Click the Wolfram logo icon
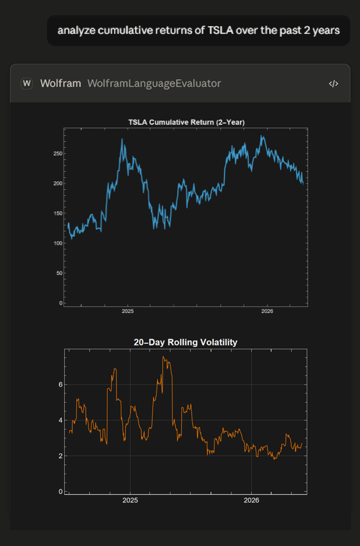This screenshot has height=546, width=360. click(x=27, y=83)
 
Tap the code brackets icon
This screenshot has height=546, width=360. click(x=334, y=83)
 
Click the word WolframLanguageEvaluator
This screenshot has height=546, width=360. click(x=154, y=83)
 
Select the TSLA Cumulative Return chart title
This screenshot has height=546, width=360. click(x=186, y=122)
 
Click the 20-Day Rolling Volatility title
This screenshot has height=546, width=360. click(x=186, y=342)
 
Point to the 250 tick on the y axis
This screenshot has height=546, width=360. click(x=58, y=154)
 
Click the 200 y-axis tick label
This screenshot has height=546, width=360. click(x=58, y=184)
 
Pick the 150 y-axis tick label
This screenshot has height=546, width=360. click(x=58, y=213)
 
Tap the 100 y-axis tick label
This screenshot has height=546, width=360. click(x=58, y=244)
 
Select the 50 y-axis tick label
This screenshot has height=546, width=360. click(x=59, y=273)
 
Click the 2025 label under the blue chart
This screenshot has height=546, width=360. click(x=128, y=311)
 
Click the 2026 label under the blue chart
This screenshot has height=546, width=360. click(x=267, y=311)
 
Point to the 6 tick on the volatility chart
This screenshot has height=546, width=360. click(x=61, y=385)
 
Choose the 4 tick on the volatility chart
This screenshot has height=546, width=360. click(x=61, y=420)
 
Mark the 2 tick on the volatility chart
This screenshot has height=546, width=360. click(x=61, y=456)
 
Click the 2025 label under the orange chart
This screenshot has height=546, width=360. click(x=130, y=501)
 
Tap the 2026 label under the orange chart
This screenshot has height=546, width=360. click(x=252, y=501)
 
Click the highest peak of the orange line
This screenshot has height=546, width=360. click(x=163, y=357)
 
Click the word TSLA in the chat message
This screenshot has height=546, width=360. click(x=221, y=30)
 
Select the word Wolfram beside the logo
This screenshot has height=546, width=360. click(x=61, y=83)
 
